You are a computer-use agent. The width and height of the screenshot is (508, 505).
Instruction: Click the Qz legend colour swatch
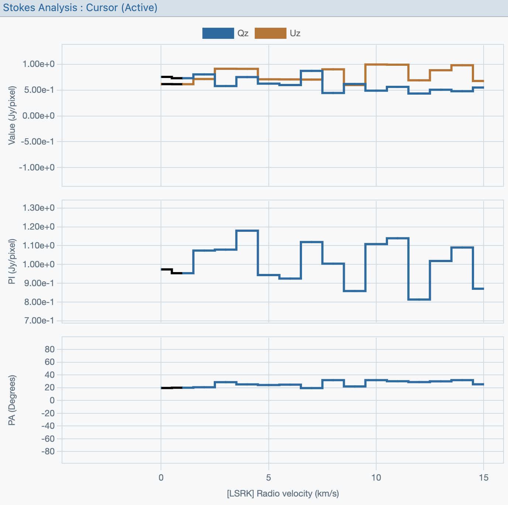point(218,33)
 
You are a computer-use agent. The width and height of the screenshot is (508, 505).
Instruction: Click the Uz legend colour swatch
point(270,33)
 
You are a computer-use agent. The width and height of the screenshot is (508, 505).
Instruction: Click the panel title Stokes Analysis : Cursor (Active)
point(80,7)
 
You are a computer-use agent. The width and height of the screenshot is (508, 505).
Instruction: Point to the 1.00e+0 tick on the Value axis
point(38,64)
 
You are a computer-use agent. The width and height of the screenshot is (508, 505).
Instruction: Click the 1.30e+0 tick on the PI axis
point(38,208)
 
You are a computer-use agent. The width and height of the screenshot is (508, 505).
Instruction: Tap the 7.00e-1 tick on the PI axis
point(38,321)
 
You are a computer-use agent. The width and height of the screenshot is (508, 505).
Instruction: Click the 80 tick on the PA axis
point(50,349)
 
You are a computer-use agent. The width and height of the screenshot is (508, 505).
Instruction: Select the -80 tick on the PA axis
point(48,451)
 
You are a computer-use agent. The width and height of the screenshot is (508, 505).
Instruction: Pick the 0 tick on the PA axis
point(52,400)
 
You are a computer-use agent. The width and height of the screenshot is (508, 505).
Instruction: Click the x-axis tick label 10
point(376,478)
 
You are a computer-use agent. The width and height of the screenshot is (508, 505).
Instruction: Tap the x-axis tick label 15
point(483,478)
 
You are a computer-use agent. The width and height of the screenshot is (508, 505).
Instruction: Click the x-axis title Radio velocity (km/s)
point(283,494)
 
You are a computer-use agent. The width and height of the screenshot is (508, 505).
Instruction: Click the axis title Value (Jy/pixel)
point(12,115)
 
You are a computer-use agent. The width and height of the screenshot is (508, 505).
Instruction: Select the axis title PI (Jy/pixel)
point(12,261)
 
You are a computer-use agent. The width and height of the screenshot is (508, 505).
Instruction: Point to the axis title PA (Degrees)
point(12,400)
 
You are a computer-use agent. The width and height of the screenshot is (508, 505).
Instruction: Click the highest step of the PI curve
point(247,230)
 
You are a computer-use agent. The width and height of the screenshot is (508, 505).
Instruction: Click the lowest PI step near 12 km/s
point(419,299)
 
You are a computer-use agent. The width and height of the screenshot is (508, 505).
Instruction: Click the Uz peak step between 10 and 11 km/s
point(387,64)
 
